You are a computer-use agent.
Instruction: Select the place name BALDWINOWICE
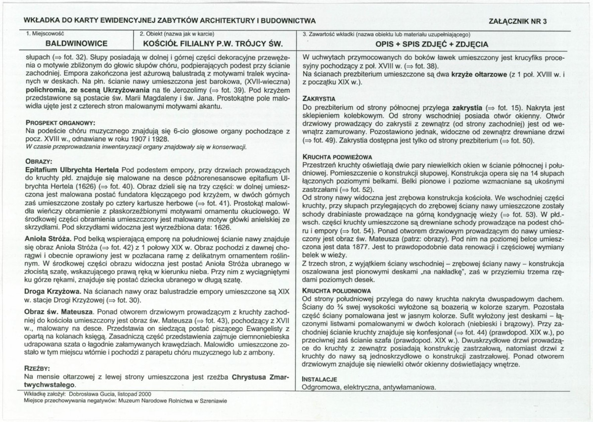pos(67,44)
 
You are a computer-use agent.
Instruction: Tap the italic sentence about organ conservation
pos(136,147)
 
